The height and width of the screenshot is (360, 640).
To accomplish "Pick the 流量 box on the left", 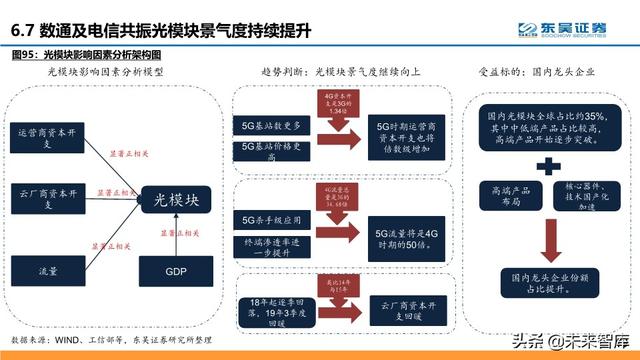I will [x=49, y=270].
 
